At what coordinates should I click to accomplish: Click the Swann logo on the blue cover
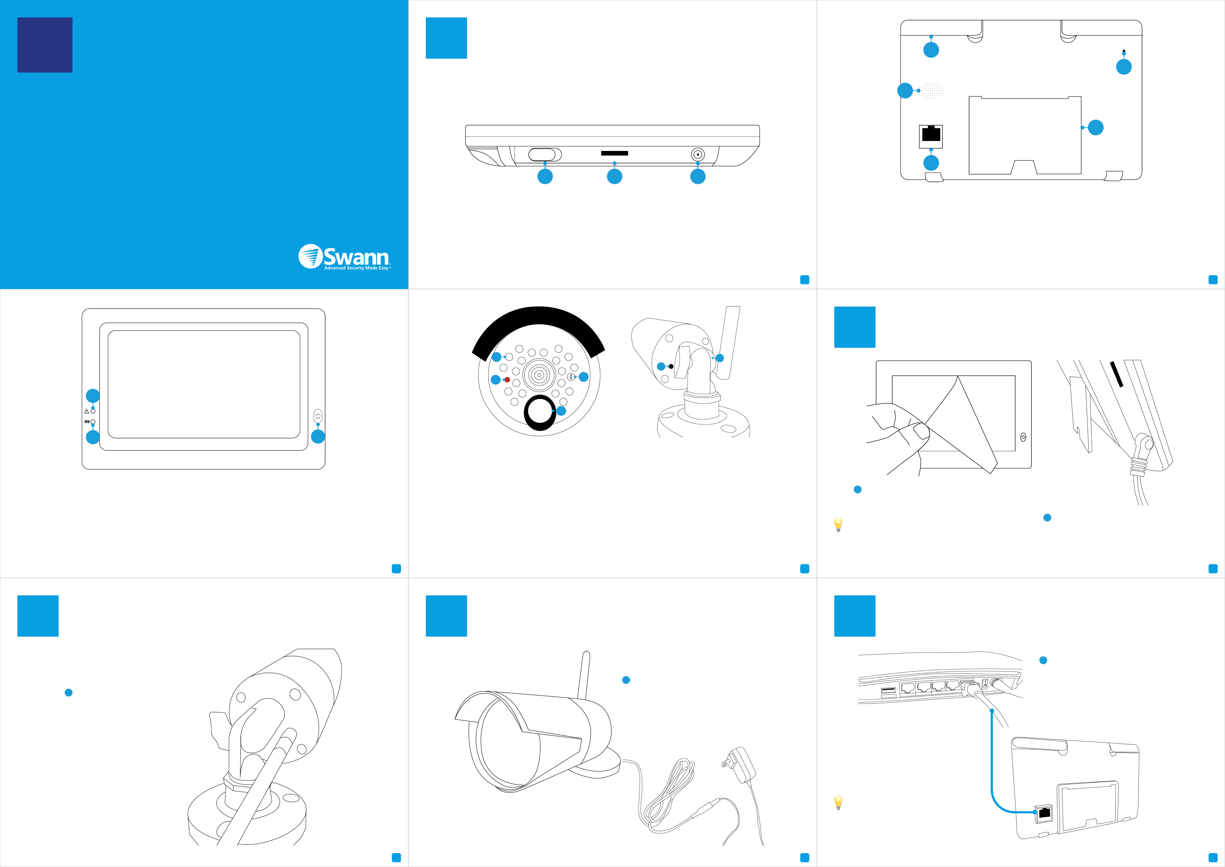pyautogui.click(x=345, y=257)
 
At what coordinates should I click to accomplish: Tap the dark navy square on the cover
pyautogui.click(x=45, y=45)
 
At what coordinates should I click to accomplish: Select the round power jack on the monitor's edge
pyautogui.click(x=697, y=154)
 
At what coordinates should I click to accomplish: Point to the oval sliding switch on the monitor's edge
pyautogui.click(x=545, y=154)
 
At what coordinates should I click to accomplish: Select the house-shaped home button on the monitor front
pyautogui.click(x=318, y=416)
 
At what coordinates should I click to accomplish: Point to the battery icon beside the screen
pyautogui.click(x=87, y=422)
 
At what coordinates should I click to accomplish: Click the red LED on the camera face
pyautogui.click(x=507, y=380)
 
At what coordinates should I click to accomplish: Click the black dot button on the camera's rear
pyautogui.click(x=671, y=366)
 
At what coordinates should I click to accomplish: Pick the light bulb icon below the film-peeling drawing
pyautogui.click(x=838, y=525)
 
